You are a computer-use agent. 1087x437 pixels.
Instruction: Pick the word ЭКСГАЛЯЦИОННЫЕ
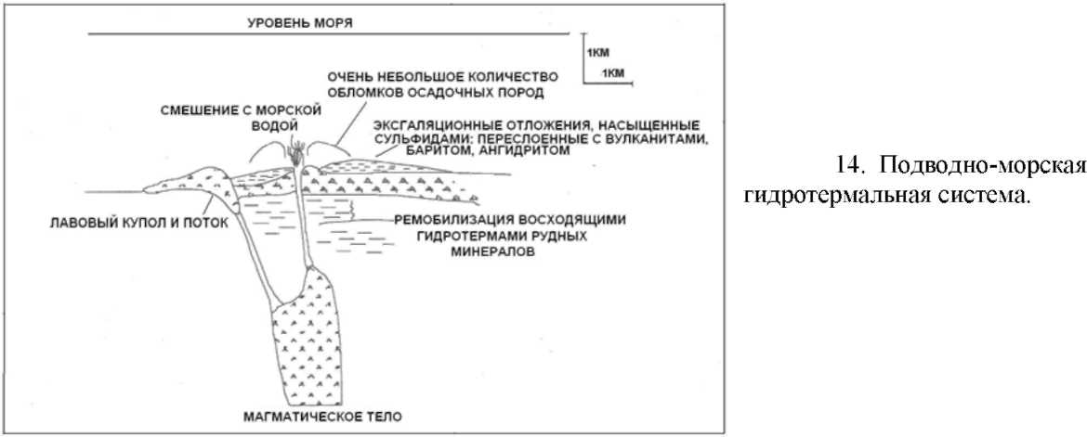click(x=431, y=123)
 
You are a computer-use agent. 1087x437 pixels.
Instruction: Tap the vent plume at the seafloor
click(x=299, y=149)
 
